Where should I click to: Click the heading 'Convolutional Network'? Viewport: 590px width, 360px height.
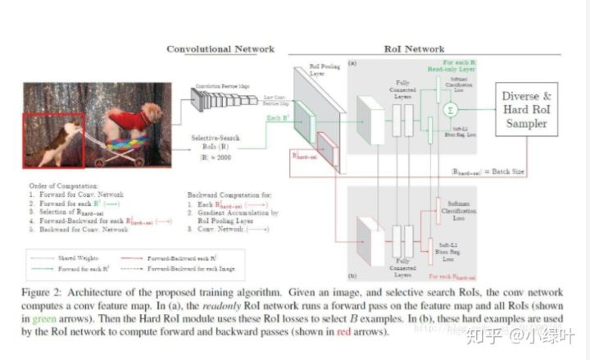[x=220, y=48]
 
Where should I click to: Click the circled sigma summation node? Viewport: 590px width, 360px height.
[x=447, y=109]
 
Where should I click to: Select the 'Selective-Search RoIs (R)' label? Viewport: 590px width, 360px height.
[x=217, y=143]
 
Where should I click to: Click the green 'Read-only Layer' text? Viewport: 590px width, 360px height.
[x=458, y=71]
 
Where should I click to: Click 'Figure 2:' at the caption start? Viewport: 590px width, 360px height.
[x=49, y=293]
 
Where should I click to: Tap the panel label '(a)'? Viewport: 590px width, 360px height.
[x=352, y=63]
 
